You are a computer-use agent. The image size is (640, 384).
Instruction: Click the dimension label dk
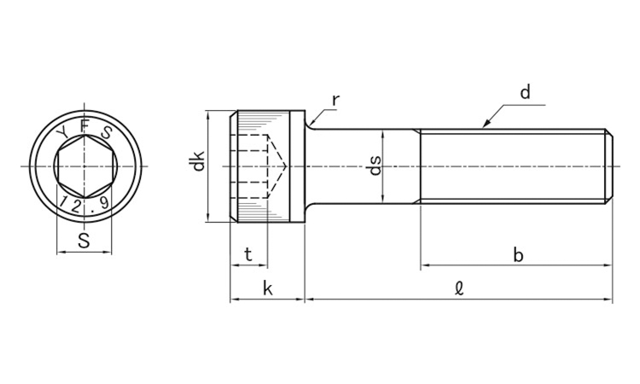(x=198, y=161)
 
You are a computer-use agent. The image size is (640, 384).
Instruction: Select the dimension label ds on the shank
(x=375, y=166)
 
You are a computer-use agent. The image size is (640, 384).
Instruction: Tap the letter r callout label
(x=335, y=100)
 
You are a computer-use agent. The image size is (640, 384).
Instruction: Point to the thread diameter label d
(x=526, y=92)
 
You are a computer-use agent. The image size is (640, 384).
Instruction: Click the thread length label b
(x=518, y=255)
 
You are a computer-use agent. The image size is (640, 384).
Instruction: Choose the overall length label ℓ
(x=460, y=289)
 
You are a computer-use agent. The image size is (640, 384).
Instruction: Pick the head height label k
(x=268, y=288)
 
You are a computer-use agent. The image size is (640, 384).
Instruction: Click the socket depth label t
(x=248, y=255)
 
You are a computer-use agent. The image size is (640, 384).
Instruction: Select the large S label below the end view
(x=84, y=241)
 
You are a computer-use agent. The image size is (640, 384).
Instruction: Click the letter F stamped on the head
(x=84, y=126)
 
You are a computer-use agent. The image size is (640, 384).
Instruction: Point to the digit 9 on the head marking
(x=104, y=203)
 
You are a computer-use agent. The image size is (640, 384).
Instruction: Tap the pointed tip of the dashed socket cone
(x=287, y=166)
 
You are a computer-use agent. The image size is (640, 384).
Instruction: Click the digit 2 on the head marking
(x=75, y=207)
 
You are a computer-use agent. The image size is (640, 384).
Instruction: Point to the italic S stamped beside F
(x=106, y=132)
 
